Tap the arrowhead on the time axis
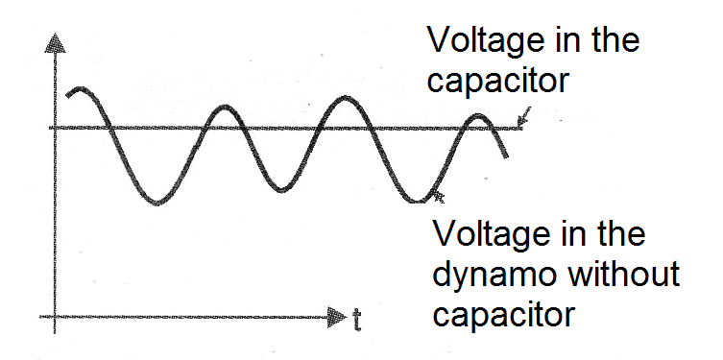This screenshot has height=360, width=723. [337, 317]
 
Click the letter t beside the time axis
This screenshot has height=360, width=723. [357, 320]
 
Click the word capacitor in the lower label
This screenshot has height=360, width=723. [503, 314]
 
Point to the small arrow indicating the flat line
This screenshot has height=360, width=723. [523, 116]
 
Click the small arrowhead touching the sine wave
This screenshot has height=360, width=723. [439, 196]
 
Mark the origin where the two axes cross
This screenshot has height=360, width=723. [55, 317]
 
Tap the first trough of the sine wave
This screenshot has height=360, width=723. [157, 202]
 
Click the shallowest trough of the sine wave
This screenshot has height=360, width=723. [281, 190]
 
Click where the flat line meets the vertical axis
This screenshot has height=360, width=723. [55, 128]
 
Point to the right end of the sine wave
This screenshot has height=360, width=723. [506, 156]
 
